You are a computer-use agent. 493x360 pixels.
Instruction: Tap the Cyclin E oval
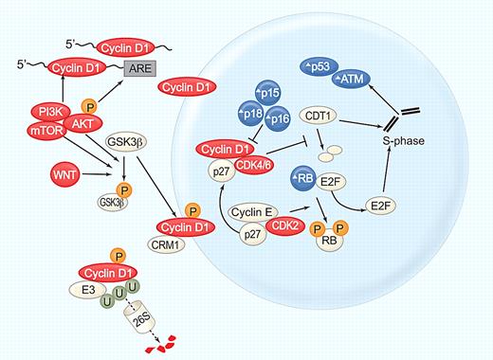(x=252, y=211)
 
